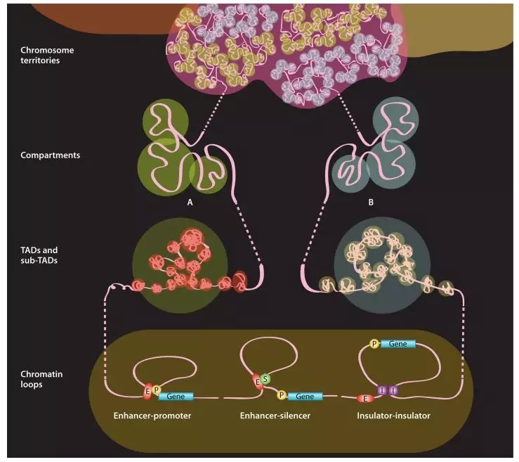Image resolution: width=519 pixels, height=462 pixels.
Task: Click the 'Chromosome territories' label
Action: [47, 56]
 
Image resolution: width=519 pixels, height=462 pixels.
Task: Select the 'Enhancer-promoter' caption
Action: [152, 416]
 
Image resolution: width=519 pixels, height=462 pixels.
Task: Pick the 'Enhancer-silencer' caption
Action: [276, 416]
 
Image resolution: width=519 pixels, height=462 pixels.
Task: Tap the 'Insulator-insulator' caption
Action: [393, 416]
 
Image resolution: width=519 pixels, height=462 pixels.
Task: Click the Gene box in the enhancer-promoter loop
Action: [176, 397]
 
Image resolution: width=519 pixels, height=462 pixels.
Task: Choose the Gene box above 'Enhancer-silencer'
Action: [305, 397]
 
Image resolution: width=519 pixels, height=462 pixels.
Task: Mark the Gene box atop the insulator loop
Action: [397, 344]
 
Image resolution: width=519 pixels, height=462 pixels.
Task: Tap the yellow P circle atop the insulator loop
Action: [374, 344]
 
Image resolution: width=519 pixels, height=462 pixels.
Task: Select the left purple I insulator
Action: [383, 390]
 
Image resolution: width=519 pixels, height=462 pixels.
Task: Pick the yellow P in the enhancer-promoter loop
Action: [156, 389]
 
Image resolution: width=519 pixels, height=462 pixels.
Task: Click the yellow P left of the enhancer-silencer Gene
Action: [282, 396]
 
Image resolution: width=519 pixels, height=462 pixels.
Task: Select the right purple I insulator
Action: [393, 390]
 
